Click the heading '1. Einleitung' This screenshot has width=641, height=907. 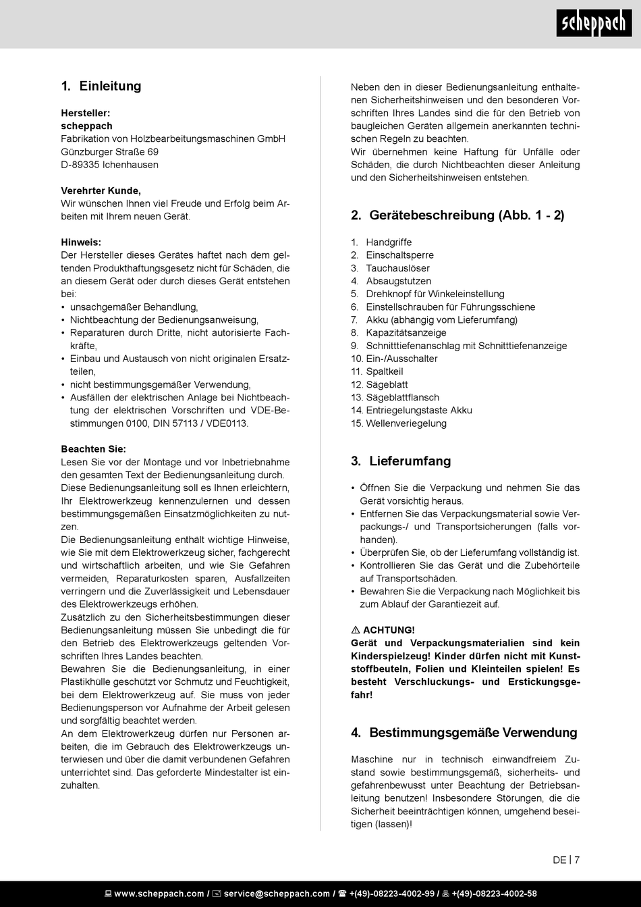[x=101, y=86]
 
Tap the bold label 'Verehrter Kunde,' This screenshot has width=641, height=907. [x=101, y=190]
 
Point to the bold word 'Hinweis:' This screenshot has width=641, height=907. [x=81, y=242]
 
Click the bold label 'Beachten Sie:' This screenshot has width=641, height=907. [x=93, y=449]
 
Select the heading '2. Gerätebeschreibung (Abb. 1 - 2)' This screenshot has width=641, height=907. [x=457, y=215]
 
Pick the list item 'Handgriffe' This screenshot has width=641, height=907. [x=389, y=242]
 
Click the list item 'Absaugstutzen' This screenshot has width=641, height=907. [x=398, y=281]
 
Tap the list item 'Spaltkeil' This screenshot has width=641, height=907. [x=385, y=371]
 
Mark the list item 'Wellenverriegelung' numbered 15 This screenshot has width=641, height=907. [x=406, y=423]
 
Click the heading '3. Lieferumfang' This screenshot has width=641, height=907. [x=401, y=461]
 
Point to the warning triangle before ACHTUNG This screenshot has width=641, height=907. [x=356, y=630]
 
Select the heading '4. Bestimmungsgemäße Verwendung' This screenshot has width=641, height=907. [x=464, y=733]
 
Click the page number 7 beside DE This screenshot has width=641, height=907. [x=577, y=860]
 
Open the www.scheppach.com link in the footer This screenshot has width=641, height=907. [x=159, y=893]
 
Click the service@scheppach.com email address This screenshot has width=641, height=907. [x=277, y=893]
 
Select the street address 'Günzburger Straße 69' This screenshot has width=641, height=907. [x=110, y=152]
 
